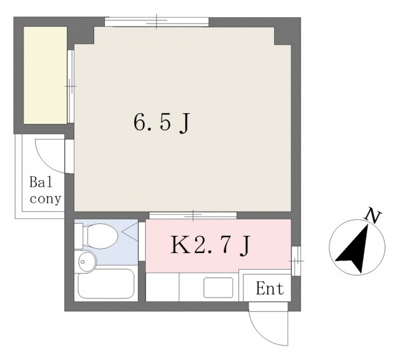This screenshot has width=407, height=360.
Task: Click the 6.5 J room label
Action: tap(162, 123)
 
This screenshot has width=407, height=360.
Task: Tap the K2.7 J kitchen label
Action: tap(210, 245)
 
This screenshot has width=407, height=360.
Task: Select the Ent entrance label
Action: tap(270, 288)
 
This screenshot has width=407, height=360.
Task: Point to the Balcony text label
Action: tap(45, 190)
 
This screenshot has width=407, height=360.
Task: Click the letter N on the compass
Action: tap(373, 216)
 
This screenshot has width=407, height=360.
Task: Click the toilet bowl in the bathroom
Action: tap(102, 236)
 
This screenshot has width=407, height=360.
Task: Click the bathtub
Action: tap(106, 284)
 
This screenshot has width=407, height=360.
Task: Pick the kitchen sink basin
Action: tap(218, 287)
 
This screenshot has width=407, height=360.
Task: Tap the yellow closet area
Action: tap(45, 75)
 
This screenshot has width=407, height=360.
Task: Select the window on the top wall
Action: tap(156, 22)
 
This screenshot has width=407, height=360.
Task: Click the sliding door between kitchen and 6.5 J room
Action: tap(193, 216)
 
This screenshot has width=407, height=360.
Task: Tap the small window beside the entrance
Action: tap(296, 261)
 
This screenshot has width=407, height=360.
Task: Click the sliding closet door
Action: tap(71, 86)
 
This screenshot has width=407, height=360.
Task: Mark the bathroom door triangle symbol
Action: tap(130, 232)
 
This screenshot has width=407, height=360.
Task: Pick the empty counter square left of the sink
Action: tap(162, 287)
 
